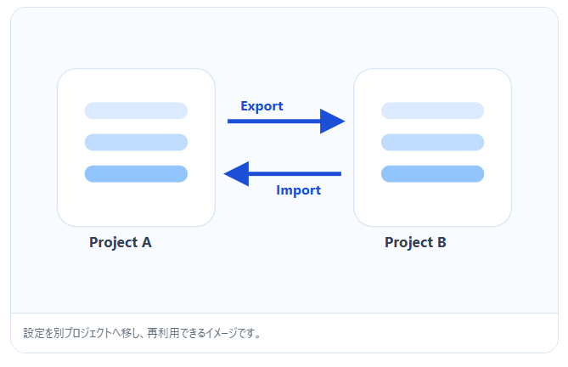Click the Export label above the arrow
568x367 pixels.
pyautogui.click(x=262, y=106)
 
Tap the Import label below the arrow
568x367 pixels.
pyautogui.click(x=298, y=190)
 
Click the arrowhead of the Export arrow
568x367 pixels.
pyautogui.click(x=334, y=121)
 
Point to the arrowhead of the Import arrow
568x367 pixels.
pyautogui.click(x=235, y=174)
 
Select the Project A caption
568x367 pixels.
pyautogui.click(x=121, y=243)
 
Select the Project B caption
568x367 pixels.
pyautogui.click(x=415, y=243)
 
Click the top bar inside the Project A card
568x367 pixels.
pyautogui.click(x=136, y=110)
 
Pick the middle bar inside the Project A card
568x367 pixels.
pyautogui.click(x=136, y=142)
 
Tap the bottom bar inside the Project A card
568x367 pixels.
pyautogui.click(x=136, y=173)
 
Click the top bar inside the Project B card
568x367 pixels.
pyautogui.click(x=432, y=110)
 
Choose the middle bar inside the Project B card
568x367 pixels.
pyautogui.click(x=432, y=142)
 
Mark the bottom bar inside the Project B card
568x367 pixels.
pyautogui.click(x=432, y=173)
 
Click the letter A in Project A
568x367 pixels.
pyautogui.click(x=146, y=243)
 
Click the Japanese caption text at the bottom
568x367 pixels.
pyautogui.click(x=142, y=333)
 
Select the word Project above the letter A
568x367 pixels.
pyautogui.click(x=113, y=243)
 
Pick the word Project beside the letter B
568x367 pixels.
pyautogui.click(x=408, y=243)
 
